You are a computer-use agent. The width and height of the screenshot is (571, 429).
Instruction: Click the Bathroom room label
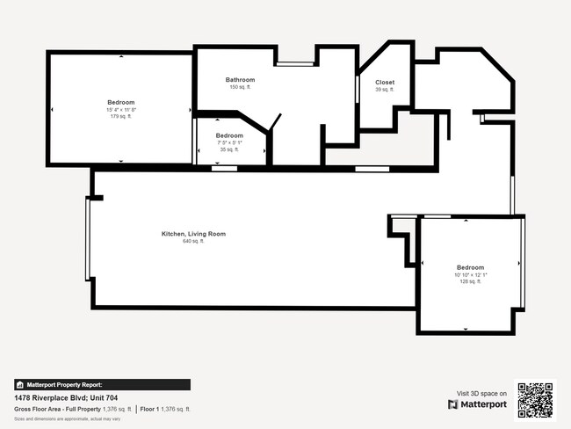240,80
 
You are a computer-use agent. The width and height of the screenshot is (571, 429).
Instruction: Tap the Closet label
385,82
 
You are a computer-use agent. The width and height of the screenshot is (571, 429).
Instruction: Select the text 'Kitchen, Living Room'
193,234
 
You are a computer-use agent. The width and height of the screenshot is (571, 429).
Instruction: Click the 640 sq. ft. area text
193,241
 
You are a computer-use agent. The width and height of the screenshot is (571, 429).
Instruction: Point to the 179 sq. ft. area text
121,116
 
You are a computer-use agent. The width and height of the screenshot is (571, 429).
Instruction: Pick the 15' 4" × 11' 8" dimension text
121,109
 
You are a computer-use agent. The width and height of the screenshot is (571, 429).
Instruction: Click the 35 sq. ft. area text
229,149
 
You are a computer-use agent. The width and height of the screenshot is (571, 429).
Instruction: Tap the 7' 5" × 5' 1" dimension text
229,142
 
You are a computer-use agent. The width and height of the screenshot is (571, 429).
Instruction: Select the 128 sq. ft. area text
470,281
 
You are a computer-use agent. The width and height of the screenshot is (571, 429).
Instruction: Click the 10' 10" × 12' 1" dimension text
470,274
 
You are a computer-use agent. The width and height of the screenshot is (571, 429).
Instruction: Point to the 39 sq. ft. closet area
385,89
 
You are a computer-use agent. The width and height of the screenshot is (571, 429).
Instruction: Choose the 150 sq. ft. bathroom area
240,87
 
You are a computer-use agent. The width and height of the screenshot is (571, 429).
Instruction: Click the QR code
536,398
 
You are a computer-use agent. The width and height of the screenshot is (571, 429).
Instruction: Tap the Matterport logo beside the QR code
479,404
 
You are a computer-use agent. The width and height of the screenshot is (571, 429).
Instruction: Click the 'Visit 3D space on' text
482,393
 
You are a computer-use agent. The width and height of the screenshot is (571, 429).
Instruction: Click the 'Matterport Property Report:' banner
101,384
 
